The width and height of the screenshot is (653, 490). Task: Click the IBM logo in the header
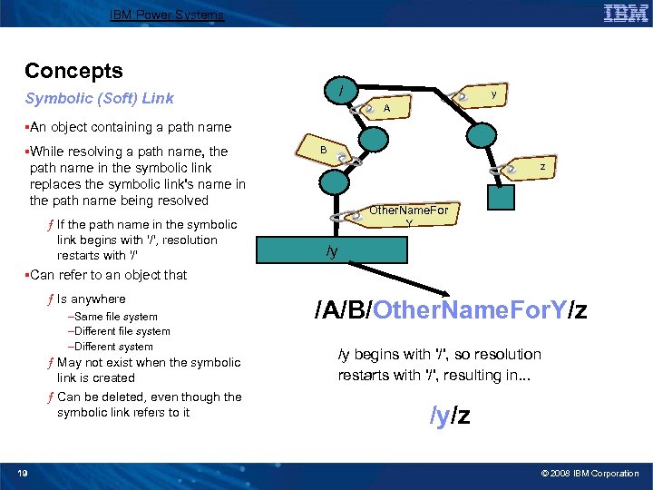point(625,14)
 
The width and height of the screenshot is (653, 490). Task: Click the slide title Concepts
point(73,71)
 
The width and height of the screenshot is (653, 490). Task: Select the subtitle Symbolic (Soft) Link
point(99,98)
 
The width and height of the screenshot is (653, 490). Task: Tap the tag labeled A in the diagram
point(387,108)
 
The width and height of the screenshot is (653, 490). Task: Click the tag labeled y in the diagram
point(488,94)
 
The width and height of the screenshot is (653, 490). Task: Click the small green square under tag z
point(500,198)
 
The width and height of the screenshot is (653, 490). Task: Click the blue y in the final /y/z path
point(442,416)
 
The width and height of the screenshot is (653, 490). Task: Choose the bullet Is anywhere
point(91,299)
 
